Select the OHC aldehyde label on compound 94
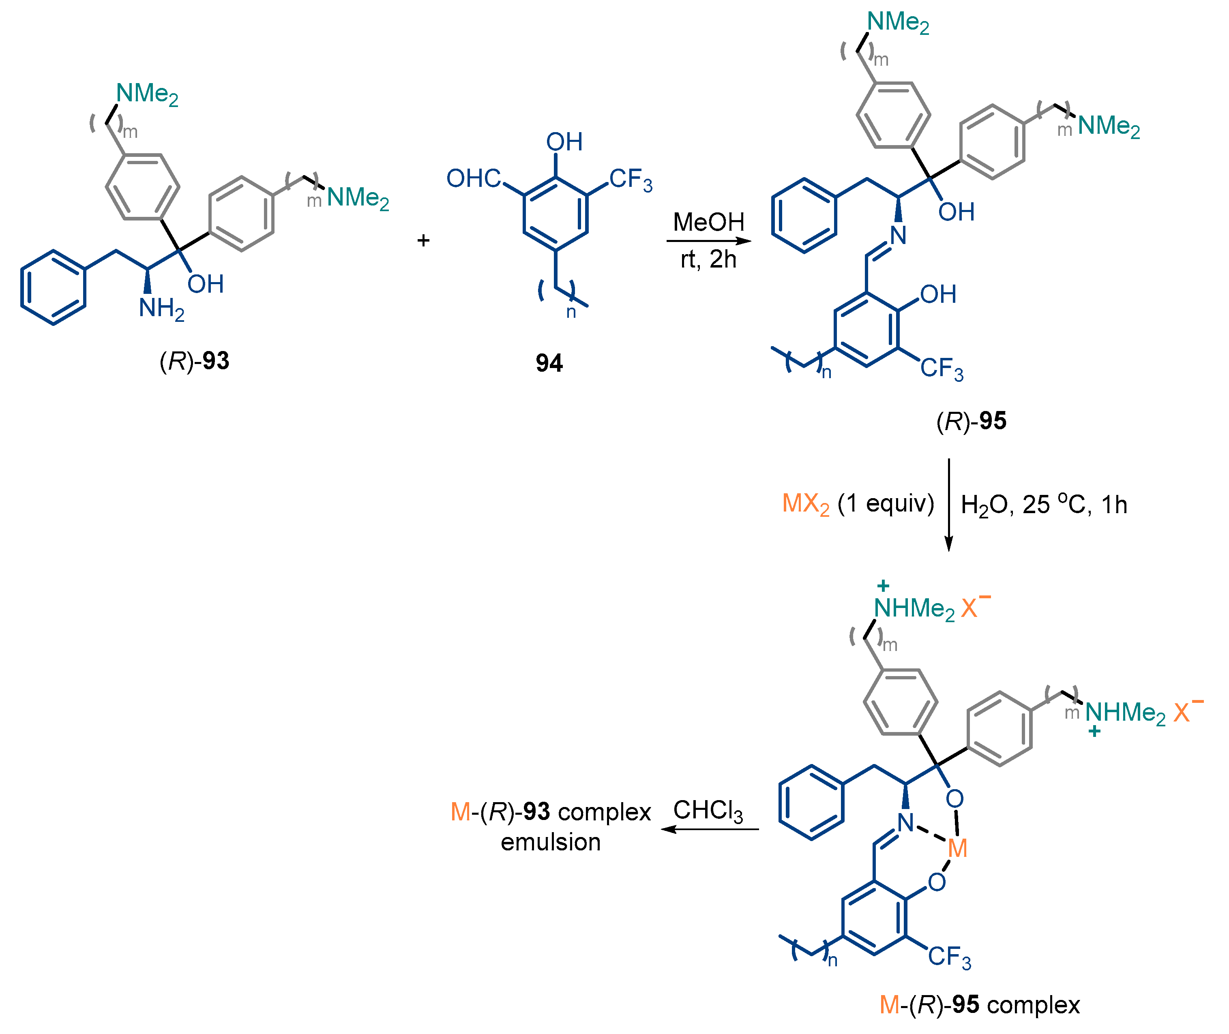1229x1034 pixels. click(474, 178)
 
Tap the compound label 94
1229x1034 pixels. click(549, 363)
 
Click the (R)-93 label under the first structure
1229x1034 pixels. click(194, 360)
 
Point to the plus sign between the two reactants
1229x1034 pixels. click(423, 240)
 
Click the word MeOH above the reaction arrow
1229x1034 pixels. click(708, 222)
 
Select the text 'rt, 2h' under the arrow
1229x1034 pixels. click(708, 259)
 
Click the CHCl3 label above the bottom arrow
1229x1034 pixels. click(708, 811)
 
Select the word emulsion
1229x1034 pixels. click(551, 842)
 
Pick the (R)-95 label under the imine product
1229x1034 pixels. click(972, 421)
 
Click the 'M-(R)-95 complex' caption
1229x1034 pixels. click(979, 1005)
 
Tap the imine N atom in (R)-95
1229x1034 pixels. click(898, 235)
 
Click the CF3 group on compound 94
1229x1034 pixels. click(631, 180)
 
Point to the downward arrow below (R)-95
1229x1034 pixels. click(949, 505)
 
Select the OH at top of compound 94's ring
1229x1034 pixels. click(564, 142)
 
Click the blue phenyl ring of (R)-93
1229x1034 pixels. click(54, 287)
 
